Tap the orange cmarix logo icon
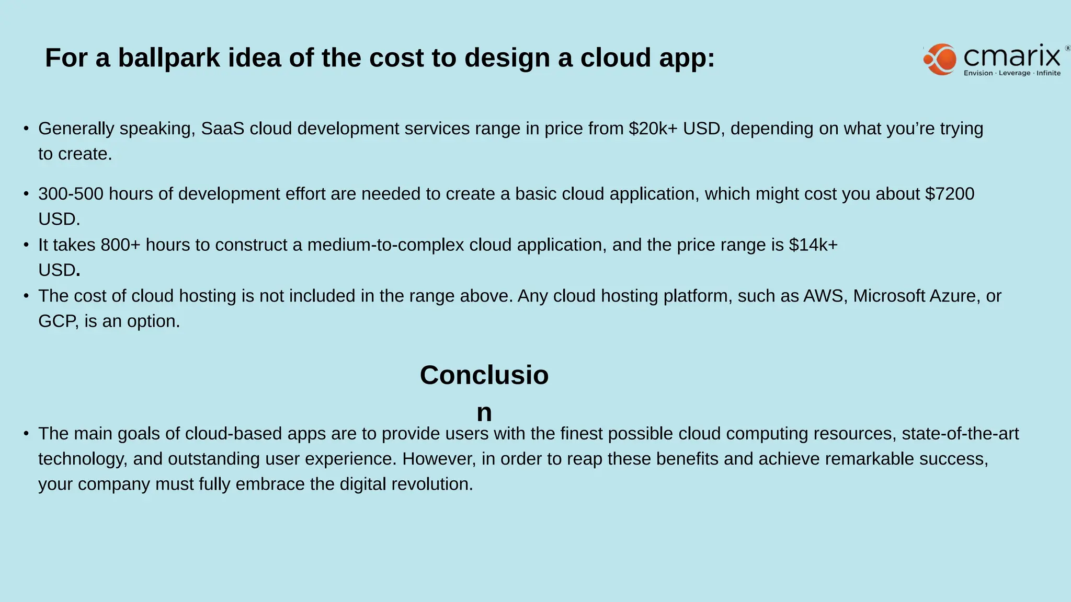coord(940,60)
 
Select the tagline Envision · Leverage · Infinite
coord(1012,73)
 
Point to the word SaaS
coord(223,129)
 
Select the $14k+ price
coord(813,245)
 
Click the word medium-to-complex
coord(385,245)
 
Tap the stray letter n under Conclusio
coord(484,413)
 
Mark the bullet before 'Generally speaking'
coord(26,129)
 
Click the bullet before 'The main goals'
coord(26,434)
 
